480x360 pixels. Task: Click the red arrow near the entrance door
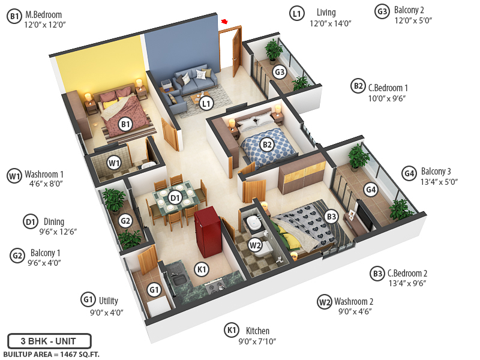click(225, 22)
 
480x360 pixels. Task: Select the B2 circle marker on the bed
click(267, 144)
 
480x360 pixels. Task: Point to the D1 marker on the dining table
click(175, 197)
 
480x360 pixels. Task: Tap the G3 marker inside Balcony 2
click(280, 72)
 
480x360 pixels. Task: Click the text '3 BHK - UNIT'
click(49, 341)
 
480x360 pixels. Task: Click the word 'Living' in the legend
click(326, 13)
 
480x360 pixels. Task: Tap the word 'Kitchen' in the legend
click(257, 331)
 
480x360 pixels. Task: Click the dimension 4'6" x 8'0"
click(46, 184)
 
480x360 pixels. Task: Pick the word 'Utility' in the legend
click(109, 301)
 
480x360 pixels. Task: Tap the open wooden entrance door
click(230, 51)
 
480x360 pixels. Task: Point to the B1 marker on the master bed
click(125, 124)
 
